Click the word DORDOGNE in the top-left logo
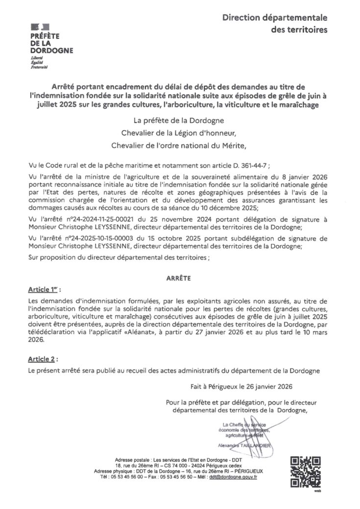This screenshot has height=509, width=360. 51,50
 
